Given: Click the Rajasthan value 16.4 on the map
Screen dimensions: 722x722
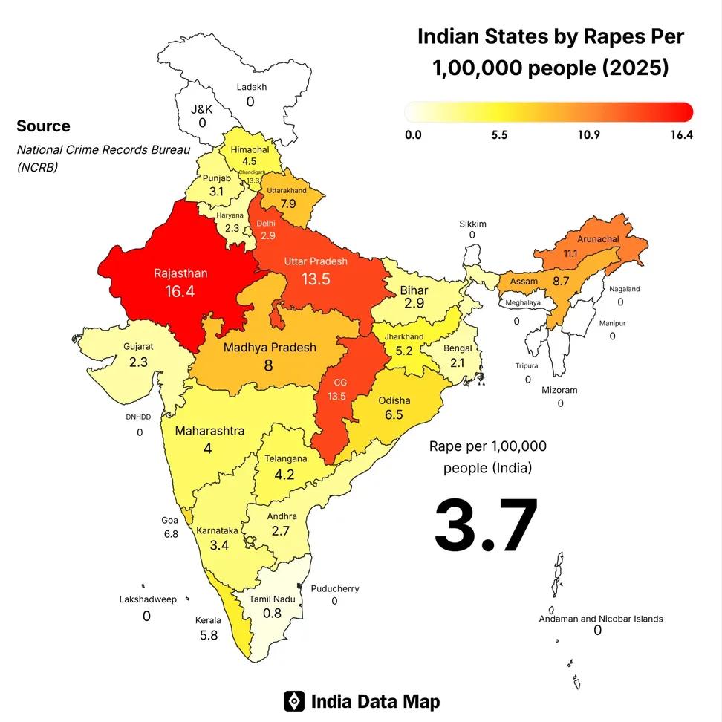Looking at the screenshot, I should [180, 290].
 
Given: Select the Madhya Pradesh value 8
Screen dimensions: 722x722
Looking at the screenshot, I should [269, 365].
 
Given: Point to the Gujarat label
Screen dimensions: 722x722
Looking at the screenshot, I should [138, 346].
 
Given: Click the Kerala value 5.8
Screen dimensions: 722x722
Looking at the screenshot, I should [209, 635].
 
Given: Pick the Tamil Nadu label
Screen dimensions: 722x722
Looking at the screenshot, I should [273, 599].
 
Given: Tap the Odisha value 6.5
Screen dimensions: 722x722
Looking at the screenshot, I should [394, 414].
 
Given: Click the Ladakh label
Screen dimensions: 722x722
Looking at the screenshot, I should [251, 87].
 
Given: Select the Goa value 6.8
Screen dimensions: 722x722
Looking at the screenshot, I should [171, 534].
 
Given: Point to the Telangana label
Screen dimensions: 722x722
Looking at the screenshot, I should [284, 459].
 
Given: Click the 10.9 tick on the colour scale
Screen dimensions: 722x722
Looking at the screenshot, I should [589, 135].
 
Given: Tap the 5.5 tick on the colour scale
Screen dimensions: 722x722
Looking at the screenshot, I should [499, 135].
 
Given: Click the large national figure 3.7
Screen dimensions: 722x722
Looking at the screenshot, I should [486, 525].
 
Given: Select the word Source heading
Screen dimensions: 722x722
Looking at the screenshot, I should [43, 126].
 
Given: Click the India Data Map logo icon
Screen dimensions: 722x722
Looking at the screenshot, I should [294, 701].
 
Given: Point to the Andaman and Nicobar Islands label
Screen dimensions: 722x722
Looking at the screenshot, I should [601, 618].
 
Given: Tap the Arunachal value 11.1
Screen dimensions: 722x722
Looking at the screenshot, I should [570, 253].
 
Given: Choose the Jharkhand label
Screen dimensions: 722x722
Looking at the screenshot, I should [404, 336].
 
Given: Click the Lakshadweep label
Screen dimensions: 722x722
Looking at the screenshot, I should [148, 599].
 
